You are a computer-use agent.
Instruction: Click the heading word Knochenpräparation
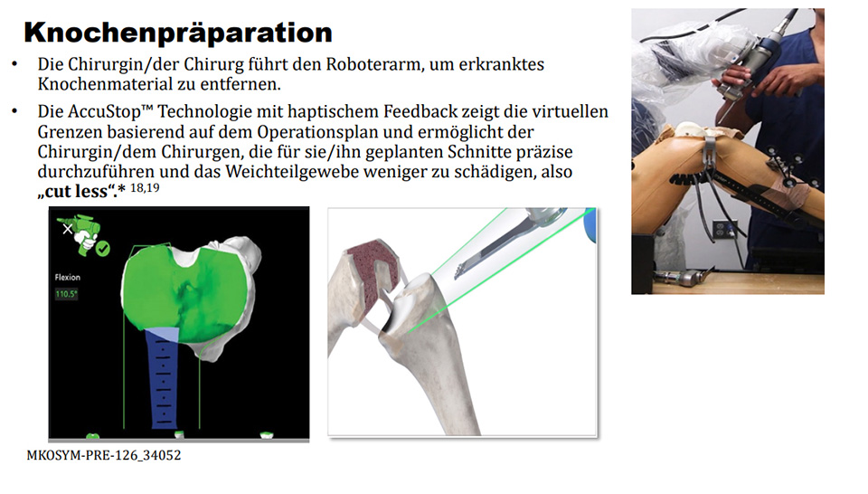177,33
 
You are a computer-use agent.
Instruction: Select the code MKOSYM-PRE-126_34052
104,456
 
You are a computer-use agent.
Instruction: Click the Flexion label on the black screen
68,278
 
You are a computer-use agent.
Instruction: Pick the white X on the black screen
66,230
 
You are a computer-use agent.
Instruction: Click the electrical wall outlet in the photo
722,230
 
